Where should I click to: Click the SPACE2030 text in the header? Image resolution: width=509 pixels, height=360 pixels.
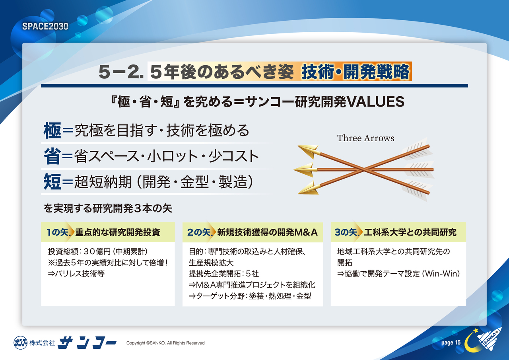pyautogui.click(x=45, y=26)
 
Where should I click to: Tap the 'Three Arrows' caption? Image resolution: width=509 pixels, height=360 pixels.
pyautogui.click(x=365, y=138)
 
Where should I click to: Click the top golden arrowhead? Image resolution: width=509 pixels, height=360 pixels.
pyautogui.click(x=308, y=152)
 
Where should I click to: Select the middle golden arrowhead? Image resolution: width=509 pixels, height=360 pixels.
pyautogui.click(x=305, y=170)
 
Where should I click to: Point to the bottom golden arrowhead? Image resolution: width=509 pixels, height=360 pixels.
pyautogui.click(x=309, y=188)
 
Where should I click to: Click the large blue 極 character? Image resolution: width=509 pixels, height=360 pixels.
pyautogui.click(x=52, y=130)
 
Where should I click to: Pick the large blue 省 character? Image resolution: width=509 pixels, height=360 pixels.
pyautogui.click(x=52, y=156)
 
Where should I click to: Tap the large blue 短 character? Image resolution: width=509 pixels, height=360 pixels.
pyautogui.click(x=52, y=181)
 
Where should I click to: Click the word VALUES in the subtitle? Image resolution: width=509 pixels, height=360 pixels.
pyautogui.click(x=376, y=101)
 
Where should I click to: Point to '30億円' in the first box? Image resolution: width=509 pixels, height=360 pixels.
pyautogui.click(x=97, y=251)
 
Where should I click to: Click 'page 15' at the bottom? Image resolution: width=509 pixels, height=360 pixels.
pyautogui.click(x=451, y=342)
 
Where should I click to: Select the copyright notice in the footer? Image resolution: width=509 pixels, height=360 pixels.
pyautogui.click(x=165, y=343)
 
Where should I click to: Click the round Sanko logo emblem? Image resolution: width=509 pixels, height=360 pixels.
pyautogui.click(x=20, y=343)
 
